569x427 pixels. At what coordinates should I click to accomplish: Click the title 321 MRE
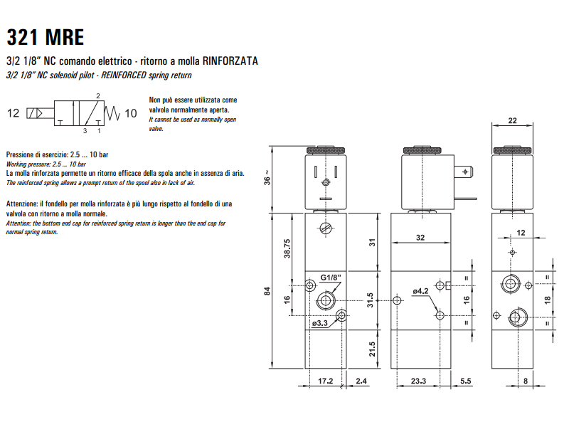click(45, 36)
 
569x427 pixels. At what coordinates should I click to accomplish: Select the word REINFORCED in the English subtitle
click(119, 75)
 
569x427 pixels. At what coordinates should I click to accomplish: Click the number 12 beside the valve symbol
click(14, 113)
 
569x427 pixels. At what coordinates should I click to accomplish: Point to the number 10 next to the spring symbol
click(130, 113)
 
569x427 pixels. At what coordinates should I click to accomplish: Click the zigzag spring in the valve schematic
click(112, 113)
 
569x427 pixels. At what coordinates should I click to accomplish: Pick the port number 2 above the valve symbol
click(97, 95)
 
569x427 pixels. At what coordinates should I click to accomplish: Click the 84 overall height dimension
click(267, 290)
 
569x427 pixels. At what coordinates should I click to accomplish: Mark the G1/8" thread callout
click(330, 277)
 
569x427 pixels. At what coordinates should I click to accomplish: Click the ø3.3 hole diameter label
click(319, 324)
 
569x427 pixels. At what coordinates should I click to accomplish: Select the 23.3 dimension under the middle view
click(418, 381)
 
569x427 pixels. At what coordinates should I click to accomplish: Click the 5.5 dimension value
click(466, 381)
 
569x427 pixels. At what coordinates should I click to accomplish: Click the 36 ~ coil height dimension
click(267, 178)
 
